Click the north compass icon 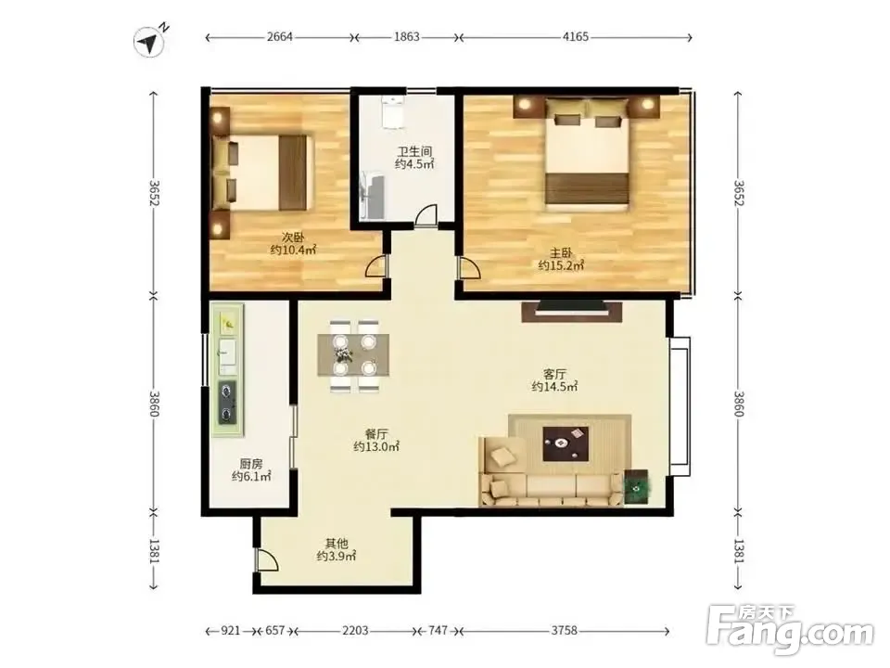tap(149, 42)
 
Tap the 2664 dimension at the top tap(279, 37)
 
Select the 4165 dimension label tap(575, 37)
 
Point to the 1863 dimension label tap(406, 37)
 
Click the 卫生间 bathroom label tap(413, 151)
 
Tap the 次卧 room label tap(293, 237)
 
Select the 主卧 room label tap(561, 252)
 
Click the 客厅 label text tap(554, 374)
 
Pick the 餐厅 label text tap(376, 434)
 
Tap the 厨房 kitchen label tap(251, 464)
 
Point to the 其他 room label tap(336, 544)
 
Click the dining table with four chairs tap(353, 355)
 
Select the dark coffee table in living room tap(566, 443)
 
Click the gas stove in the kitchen tap(228, 402)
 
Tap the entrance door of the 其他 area tap(267, 560)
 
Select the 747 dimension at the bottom tap(439, 631)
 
